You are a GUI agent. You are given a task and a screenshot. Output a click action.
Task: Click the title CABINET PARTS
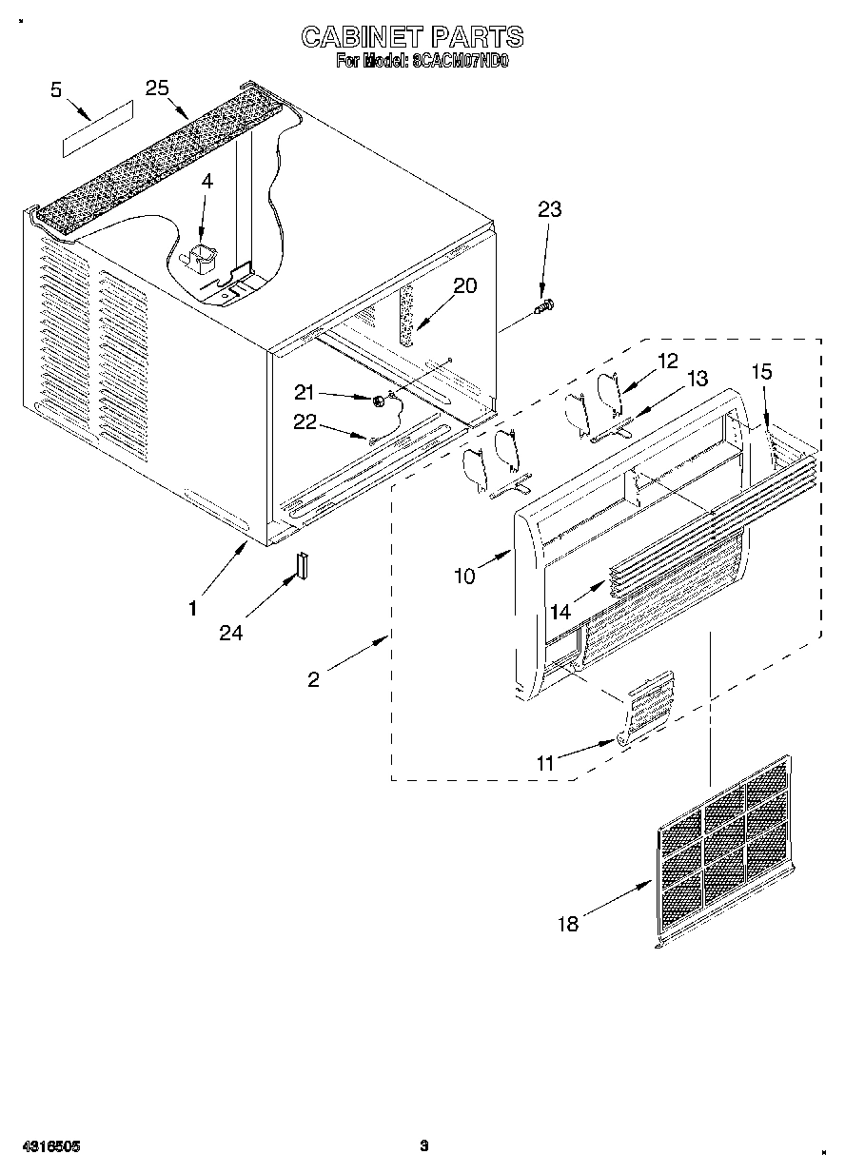coord(411,37)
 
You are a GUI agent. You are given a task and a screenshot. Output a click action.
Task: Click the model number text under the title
coord(422,62)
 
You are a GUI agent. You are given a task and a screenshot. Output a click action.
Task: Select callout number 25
coord(157,88)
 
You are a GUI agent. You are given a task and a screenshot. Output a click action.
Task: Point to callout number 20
coord(464,286)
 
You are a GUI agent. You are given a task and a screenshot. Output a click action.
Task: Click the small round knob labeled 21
coord(379,401)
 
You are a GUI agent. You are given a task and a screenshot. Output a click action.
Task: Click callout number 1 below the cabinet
coord(193,608)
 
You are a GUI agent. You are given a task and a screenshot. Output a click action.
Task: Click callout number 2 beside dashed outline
coord(314,678)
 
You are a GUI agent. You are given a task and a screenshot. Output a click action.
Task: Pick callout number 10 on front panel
coord(463,577)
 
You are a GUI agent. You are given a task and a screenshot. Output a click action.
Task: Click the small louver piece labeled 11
coord(647,705)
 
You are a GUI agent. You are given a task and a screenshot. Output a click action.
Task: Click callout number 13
coord(697,379)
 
